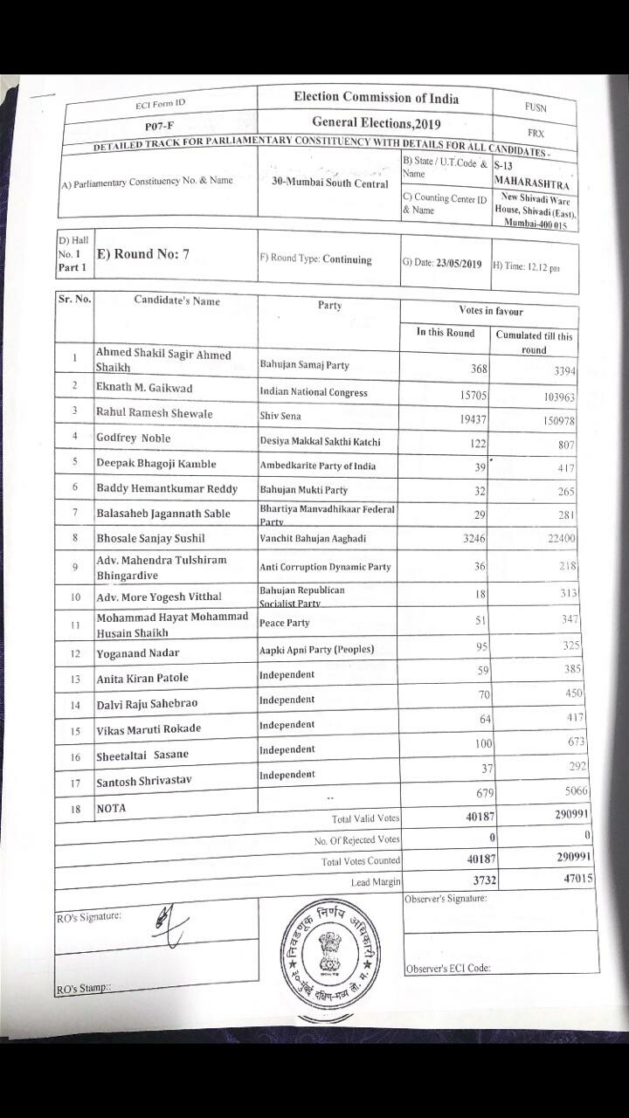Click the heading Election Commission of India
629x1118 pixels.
pos(376,98)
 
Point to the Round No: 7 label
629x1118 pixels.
pos(144,255)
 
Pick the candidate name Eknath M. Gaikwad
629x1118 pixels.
pos(145,388)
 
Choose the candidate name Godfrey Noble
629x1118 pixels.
pos(134,438)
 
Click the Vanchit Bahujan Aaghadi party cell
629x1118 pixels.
pos(319,540)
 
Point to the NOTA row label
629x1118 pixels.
pos(111,809)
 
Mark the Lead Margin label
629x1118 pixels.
pos(376,882)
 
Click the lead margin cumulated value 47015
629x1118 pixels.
pos(574,879)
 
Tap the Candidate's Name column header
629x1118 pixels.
pos(176,301)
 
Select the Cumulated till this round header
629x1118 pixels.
pos(534,342)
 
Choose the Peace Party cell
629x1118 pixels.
pos(285,624)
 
